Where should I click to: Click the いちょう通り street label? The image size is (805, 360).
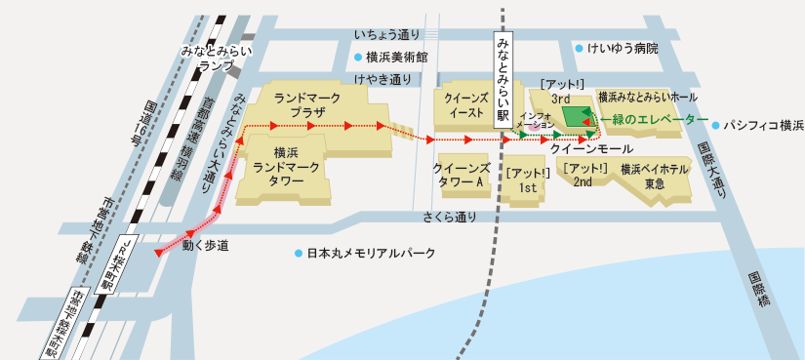click(x=387, y=35)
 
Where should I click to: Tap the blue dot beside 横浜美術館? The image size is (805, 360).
click(x=359, y=57)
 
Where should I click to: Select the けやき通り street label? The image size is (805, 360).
click(x=382, y=80)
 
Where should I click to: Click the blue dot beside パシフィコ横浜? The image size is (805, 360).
click(x=715, y=126)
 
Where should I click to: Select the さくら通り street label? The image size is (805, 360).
click(x=451, y=217)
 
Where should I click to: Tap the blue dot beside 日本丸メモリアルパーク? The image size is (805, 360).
click(x=299, y=253)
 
